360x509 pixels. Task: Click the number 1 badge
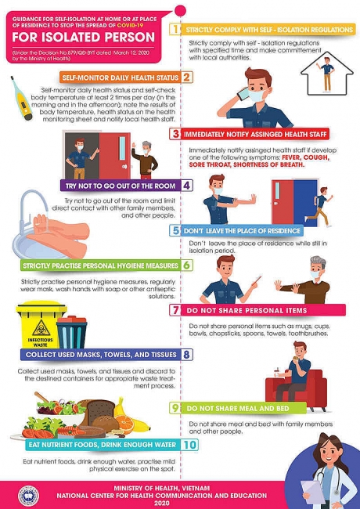pyautogui.click(x=177, y=29)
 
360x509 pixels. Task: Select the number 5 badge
pyautogui.click(x=178, y=231)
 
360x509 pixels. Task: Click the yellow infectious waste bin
pyautogui.click(x=36, y=321)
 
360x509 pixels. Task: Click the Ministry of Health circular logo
pyautogui.click(x=23, y=494)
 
